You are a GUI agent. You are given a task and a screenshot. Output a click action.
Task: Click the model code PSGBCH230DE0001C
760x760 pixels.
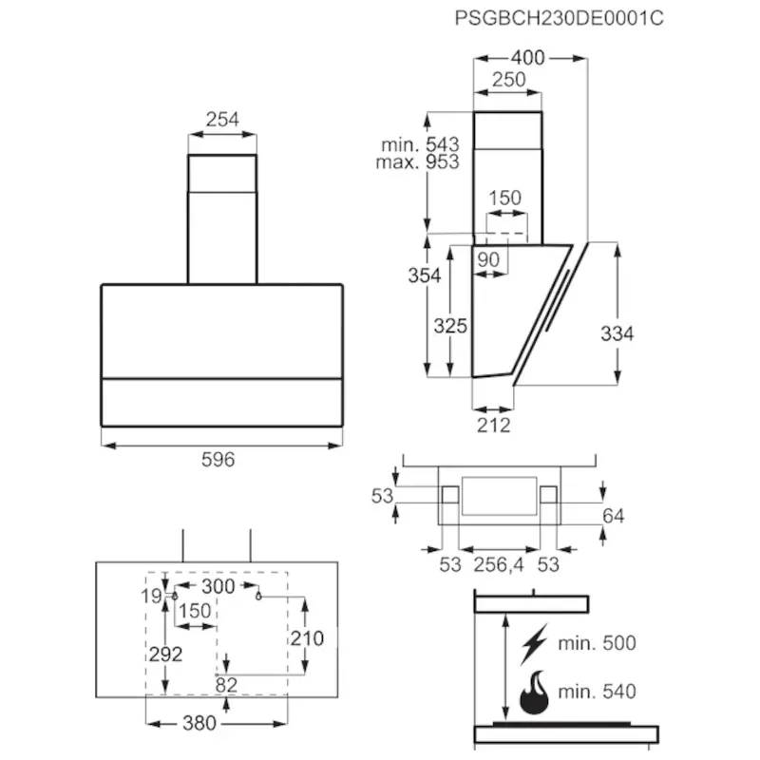coord(559,18)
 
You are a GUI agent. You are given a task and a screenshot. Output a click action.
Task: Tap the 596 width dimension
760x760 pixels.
coord(218,460)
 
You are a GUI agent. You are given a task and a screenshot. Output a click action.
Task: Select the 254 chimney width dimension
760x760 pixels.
coord(222,120)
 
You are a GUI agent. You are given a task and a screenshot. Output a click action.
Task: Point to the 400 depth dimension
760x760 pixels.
coord(528,58)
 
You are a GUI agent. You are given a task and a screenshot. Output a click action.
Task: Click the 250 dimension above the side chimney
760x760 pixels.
coord(509,80)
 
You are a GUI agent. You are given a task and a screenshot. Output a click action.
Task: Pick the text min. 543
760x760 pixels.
coord(420,144)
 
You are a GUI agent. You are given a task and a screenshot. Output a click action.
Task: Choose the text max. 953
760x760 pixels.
coord(417,161)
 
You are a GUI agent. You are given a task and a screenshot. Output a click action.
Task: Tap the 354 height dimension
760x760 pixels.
coord(425,275)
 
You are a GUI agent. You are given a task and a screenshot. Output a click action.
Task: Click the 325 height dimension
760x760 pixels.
coord(450,326)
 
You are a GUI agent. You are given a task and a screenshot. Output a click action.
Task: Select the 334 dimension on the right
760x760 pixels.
coord(617,333)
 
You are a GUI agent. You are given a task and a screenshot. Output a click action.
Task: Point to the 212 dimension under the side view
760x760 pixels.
coord(494,425)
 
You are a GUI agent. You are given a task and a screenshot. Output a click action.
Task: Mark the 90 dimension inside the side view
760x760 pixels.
coord(488,259)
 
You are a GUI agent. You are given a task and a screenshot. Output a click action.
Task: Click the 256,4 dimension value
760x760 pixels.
coord(499,564)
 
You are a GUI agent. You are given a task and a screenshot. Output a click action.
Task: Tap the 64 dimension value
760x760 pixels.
coord(613,516)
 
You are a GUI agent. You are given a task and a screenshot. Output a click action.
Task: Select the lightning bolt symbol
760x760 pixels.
coord(534,644)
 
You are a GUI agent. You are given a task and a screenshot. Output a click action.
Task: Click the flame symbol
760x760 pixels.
coord(534,693)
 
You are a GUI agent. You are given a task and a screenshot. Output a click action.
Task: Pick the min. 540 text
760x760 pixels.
coord(598,692)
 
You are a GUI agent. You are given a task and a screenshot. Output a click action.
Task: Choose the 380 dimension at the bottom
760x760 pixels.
coord(199,723)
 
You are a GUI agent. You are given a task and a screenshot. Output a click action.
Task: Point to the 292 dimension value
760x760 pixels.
coord(165,655)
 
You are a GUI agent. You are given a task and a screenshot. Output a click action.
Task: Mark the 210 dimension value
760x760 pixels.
coord(307,638)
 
